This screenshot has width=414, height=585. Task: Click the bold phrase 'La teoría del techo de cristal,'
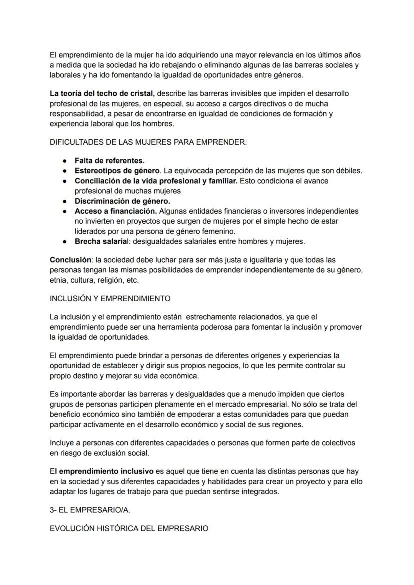click(x=102, y=94)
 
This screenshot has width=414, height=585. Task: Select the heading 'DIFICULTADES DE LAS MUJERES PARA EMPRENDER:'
click(x=148, y=142)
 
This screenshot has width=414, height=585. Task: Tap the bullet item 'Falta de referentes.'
click(x=109, y=161)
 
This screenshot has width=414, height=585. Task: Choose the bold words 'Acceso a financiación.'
click(x=116, y=211)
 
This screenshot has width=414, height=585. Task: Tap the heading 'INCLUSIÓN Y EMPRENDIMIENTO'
click(x=110, y=298)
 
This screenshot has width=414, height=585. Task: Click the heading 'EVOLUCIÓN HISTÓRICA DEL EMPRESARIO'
click(x=129, y=528)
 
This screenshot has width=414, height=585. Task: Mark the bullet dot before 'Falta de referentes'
click(x=65, y=161)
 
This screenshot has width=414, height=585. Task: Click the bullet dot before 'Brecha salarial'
click(x=65, y=241)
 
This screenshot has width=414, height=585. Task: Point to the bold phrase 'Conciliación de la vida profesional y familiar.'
click(x=156, y=181)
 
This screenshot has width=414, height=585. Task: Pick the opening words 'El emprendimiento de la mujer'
click(x=103, y=55)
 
